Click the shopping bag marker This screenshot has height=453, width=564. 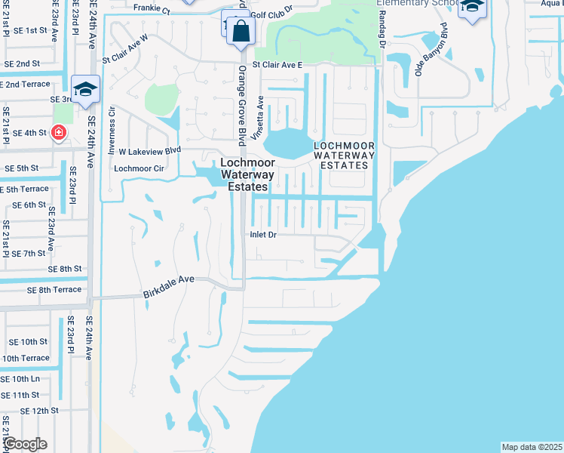(241, 32)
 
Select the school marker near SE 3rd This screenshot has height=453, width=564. (86, 89)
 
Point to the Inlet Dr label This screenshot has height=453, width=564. (264, 235)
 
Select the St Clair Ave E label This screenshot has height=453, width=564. (277, 66)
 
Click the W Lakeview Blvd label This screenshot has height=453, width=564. (150, 150)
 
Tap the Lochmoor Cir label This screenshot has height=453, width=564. (138, 168)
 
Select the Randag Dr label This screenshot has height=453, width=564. (382, 27)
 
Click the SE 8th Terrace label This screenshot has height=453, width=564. (54, 290)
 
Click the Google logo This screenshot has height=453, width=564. (26, 443)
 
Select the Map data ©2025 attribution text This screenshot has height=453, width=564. (532, 447)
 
